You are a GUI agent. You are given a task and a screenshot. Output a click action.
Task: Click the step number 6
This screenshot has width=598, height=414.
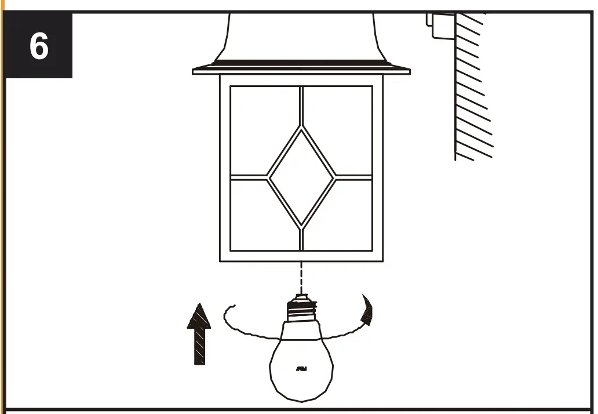pos(38,46)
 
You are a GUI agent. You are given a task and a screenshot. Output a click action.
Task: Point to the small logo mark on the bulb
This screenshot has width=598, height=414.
pos(301,369)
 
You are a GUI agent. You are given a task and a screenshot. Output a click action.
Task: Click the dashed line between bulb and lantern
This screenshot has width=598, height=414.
pos(301,278)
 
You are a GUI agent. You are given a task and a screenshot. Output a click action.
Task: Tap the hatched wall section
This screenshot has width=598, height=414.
pos(472,87)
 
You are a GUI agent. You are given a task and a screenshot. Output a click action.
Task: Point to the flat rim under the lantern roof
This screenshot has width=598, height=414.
pos(301,71)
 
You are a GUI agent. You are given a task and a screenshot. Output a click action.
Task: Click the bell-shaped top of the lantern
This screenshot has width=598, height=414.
pos(301,35)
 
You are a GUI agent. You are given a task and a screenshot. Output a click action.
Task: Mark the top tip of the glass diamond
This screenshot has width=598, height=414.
pos(301,126)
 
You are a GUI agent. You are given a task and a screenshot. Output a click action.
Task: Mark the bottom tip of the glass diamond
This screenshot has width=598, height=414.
pos(301,226)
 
